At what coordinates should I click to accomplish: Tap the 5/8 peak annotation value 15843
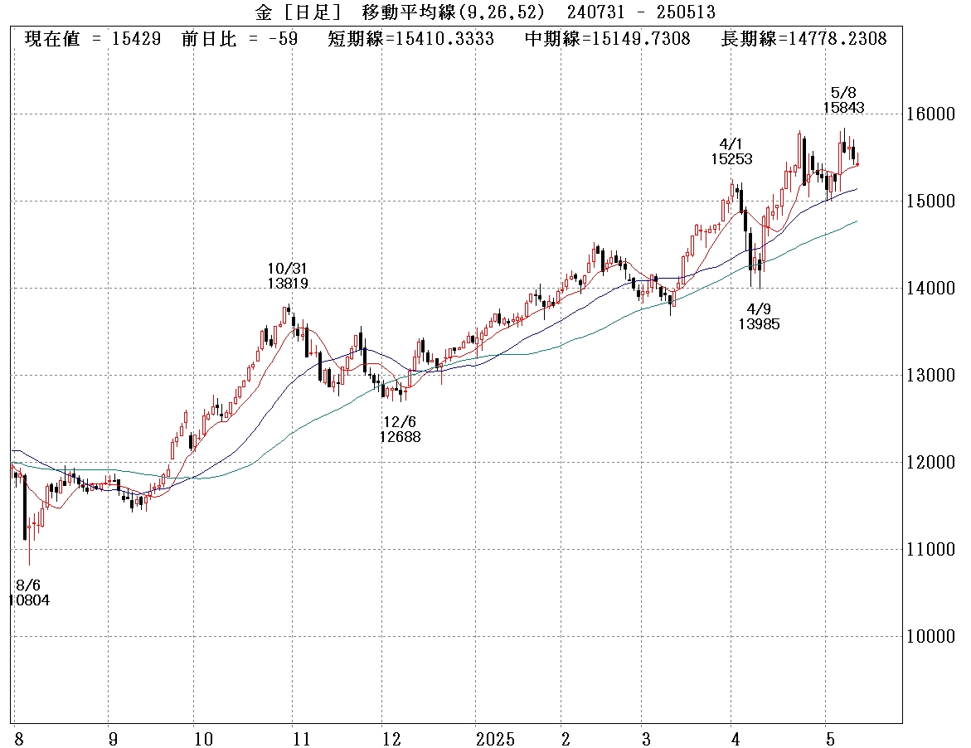tap(843, 107)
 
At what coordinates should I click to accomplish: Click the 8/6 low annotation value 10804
tap(29, 600)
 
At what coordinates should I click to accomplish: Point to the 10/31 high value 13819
tap(288, 284)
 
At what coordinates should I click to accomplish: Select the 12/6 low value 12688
tap(401, 437)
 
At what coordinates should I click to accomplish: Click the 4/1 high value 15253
tap(731, 158)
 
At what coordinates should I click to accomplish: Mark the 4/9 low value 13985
tap(759, 324)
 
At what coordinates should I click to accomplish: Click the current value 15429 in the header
tap(144, 39)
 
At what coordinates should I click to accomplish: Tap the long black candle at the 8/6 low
tap(24, 507)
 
